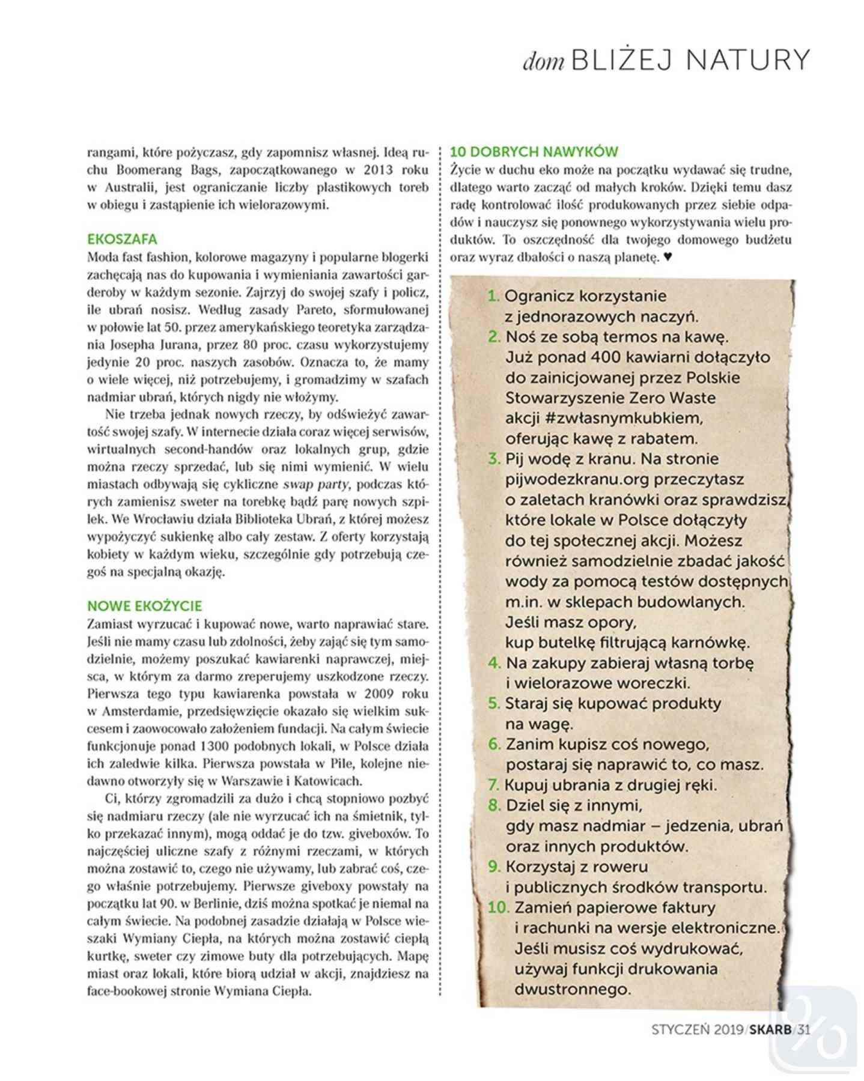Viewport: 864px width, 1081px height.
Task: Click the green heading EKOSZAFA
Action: tap(122, 239)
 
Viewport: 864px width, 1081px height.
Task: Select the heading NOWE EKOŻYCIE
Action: tap(145, 605)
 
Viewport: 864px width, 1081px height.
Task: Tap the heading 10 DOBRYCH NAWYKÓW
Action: tap(534, 151)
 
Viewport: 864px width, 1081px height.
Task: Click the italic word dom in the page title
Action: tap(543, 62)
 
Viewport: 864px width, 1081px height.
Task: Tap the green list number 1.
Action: tap(493, 296)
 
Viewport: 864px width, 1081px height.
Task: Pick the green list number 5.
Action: tap(494, 703)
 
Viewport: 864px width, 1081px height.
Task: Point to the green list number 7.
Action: tap(493, 785)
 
